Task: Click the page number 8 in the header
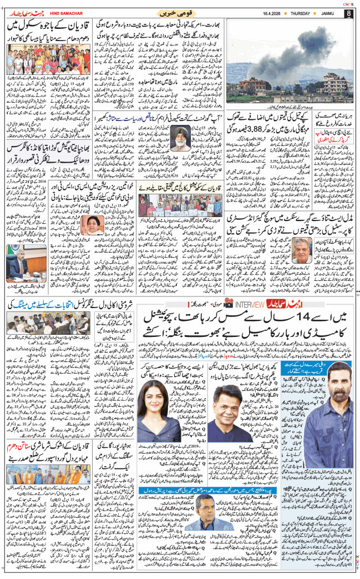347,14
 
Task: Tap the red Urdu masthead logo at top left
23,12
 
